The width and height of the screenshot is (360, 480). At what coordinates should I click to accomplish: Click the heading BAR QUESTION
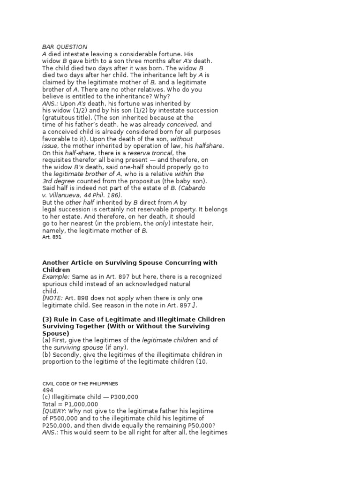click(x=65, y=47)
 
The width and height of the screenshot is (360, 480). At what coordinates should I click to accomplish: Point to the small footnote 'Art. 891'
click(x=52, y=237)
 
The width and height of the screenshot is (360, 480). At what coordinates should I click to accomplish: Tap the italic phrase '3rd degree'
click(x=59, y=181)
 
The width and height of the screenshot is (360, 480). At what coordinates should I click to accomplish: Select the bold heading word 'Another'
click(x=57, y=262)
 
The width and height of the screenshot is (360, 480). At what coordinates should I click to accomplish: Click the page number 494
click(x=48, y=390)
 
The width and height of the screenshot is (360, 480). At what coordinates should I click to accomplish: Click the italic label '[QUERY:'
click(x=55, y=411)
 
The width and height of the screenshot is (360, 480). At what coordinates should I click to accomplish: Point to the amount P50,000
click(x=196, y=425)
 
